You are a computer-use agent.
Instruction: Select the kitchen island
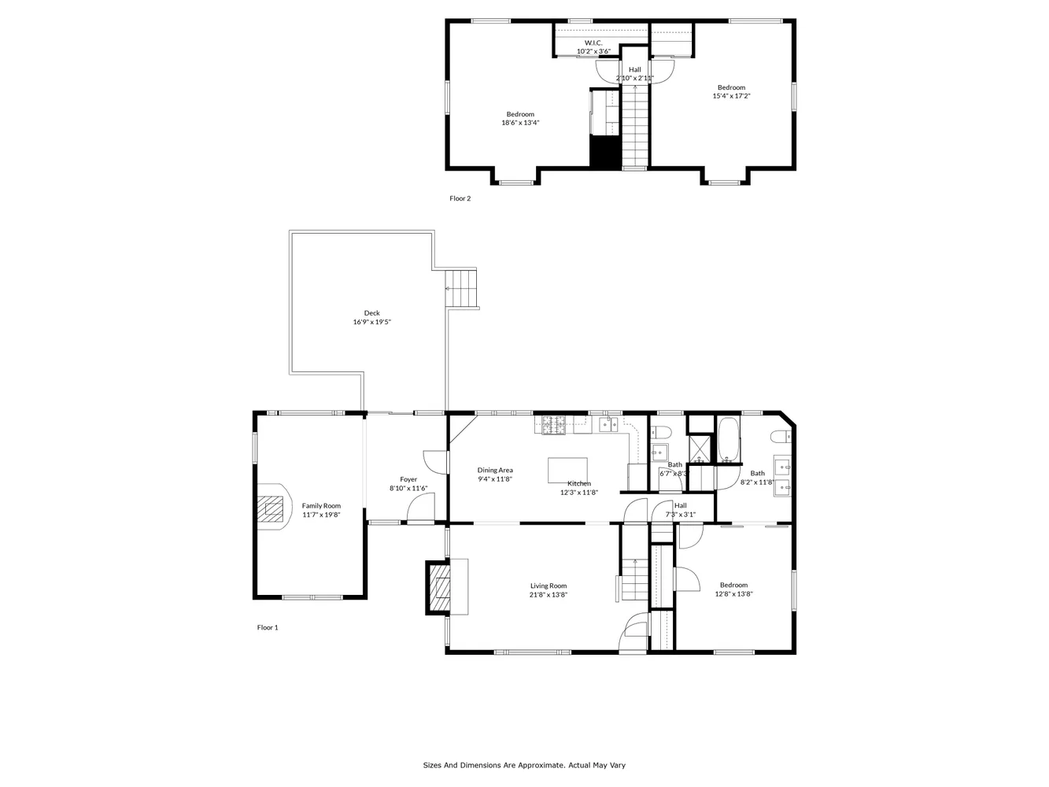(x=567, y=470)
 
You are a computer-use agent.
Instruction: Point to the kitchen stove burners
(x=553, y=425)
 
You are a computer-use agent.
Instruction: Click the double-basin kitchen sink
(x=608, y=425)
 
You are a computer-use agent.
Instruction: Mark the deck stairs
(x=462, y=289)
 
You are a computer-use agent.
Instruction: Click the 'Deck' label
(x=371, y=313)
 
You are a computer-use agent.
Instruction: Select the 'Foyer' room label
(x=408, y=479)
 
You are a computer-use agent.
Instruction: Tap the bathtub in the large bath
(x=728, y=440)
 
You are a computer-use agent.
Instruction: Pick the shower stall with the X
(x=700, y=449)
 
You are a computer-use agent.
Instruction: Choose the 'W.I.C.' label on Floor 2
(x=593, y=42)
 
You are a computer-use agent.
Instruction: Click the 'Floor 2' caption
(x=460, y=198)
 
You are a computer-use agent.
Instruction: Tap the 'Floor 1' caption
(x=268, y=627)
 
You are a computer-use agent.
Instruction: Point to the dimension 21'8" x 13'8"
(x=548, y=595)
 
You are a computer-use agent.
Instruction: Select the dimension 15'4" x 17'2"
(x=731, y=96)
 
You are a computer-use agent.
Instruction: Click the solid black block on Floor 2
(x=605, y=152)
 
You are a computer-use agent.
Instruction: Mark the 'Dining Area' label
(x=495, y=470)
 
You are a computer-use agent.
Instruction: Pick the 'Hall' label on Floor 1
(x=680, y=505)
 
